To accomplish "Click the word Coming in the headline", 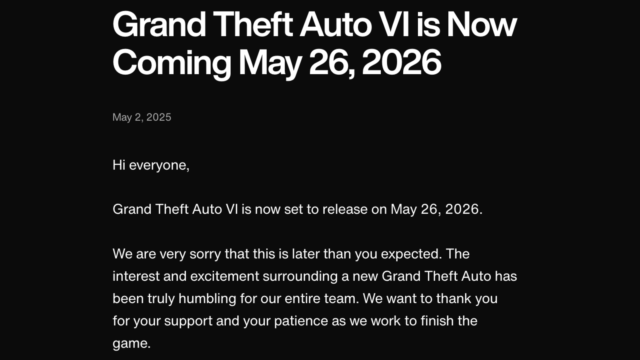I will tap(172, 63).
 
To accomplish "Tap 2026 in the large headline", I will tap(402, 62).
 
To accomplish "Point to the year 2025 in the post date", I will tap(159, 117).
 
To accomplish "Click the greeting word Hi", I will tap(119, 165).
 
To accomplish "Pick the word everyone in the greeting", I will tap(158, 165).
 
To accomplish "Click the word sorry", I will tap(205, 254).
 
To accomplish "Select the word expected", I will tap(411, 254).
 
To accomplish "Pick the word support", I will tap(188, 321).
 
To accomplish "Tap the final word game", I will tap(131, 343).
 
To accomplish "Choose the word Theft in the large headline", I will tap(253, 25).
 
